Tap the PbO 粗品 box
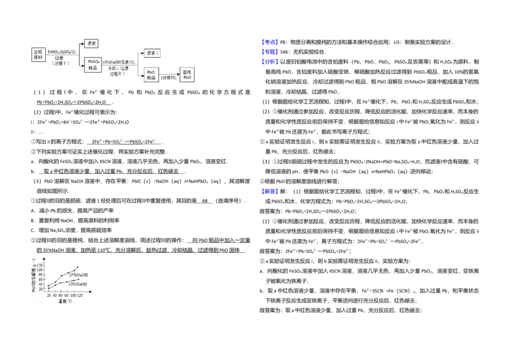click(152, 76)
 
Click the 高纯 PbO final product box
click(187, 76)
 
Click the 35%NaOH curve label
click(78, 275)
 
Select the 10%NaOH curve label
click(78, 284)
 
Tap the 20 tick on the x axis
click(48, 296)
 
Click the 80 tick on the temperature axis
click(66, 296)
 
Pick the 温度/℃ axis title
click(65, 302)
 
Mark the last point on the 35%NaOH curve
click(78, 267)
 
